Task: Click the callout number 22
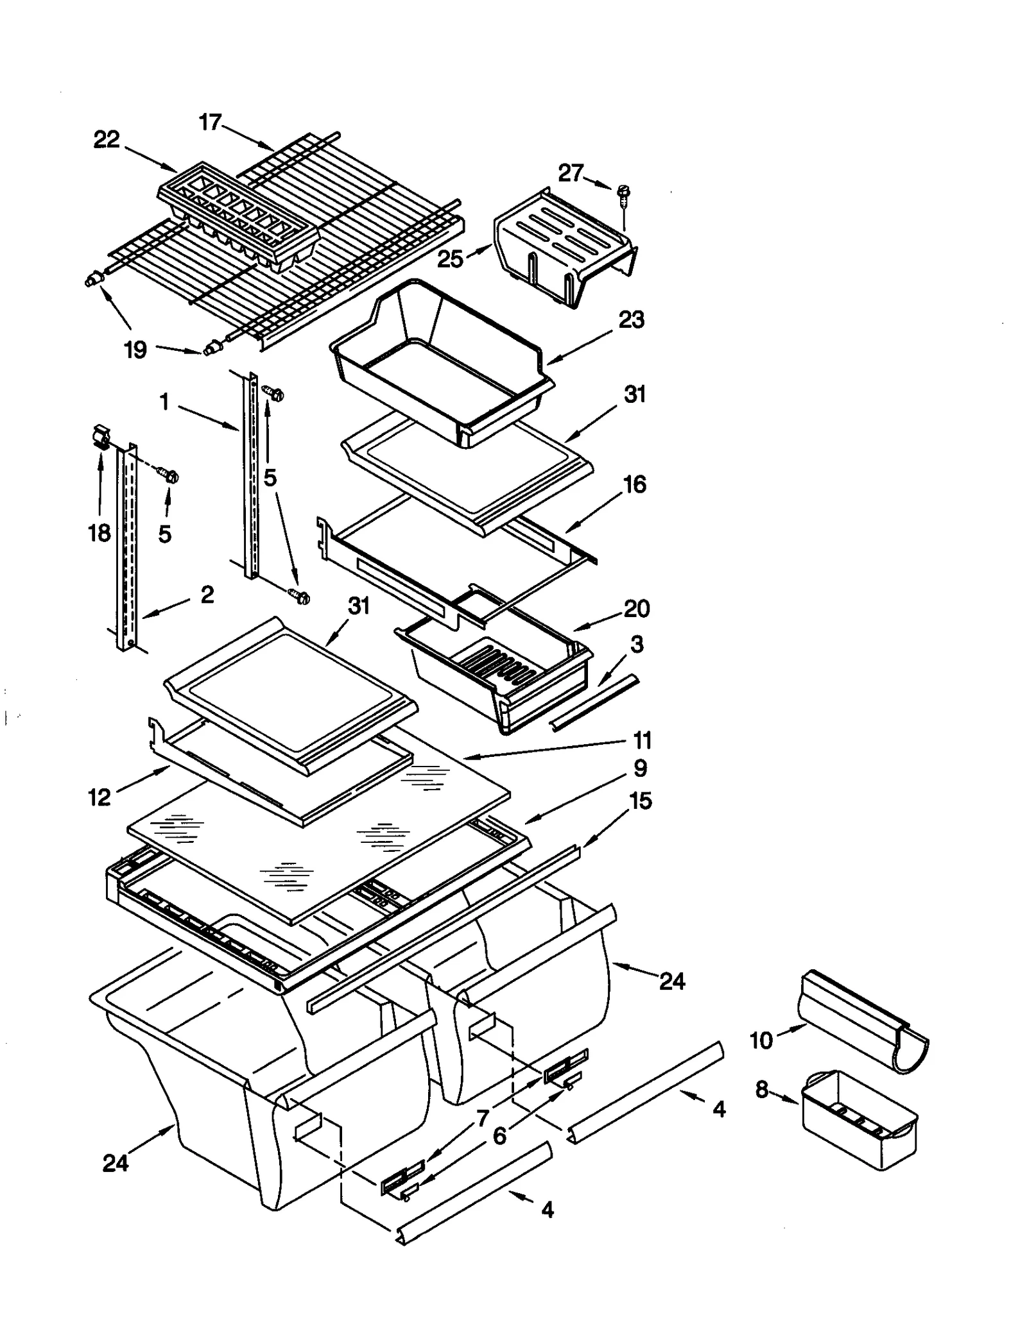coord(107,140)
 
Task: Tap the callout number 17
coord(210,122)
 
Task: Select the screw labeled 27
coord(623,193)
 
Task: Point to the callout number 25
coord(450,259)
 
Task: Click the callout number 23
coord(631,319)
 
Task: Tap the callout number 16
coord(634,484)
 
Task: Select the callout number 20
coord(636,608)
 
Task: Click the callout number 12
coord(99,797)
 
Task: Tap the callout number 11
coord(642,740)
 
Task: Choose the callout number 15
coord(640,801)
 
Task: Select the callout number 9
coord(640,768)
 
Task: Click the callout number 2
coord(207,595)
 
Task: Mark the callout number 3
coord(636,644)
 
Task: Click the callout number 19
coord(135,350)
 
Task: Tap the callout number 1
coord(164,402)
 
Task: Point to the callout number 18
coord(99,533)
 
